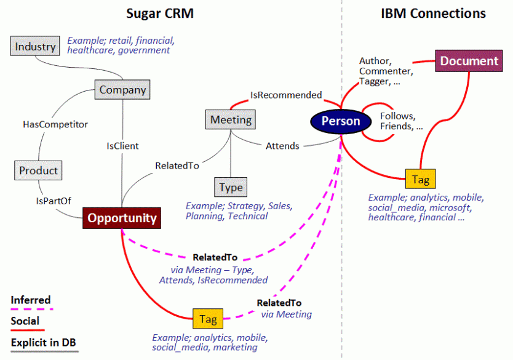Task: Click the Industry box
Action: click(36, 46)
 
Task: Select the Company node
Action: click(122, 90)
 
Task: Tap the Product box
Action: click(38, 170)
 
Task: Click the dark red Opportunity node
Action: click(122, 218)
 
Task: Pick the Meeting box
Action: click(231, 119)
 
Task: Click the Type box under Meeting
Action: click(231, 187)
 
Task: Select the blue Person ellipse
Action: click(340, 121)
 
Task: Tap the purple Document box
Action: click(469, 61)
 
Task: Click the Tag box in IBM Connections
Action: click(421, 179)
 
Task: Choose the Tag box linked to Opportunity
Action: click(208, 319)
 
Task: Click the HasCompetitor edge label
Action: click(55, 124)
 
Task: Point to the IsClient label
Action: click(122, 146)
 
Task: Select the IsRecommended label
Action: click(285, 95)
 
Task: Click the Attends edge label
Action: click(282, 146)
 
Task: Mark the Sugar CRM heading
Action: click(159, 13)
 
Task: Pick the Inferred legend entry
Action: click(31, 300)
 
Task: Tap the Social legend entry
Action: click(25, 321)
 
